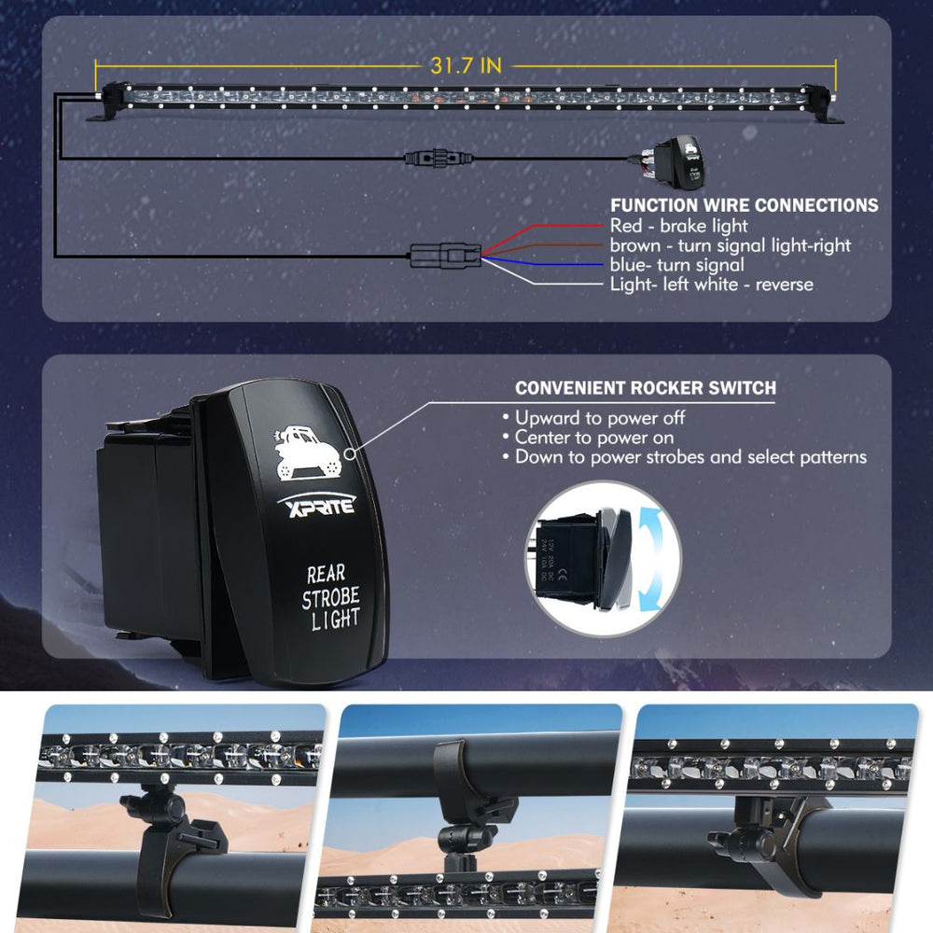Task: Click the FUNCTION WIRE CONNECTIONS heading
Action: pyautogui.click(x=744, y=204)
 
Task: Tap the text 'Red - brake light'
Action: pyautogui.click(x=678, y=226)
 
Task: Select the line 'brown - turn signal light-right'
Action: pyautogui.click(x=730, y=245)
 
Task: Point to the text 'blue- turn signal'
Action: pyautogui.click(x=676, y=265)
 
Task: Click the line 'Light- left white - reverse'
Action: pyautogui.click(x=711, y=285)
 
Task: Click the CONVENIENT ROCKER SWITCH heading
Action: pyautogui.click(x=646, y=387)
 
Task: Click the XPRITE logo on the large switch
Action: pyautogui.click(x=315, y=507)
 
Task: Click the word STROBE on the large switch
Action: pyautogui.click(x=329, y=598)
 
